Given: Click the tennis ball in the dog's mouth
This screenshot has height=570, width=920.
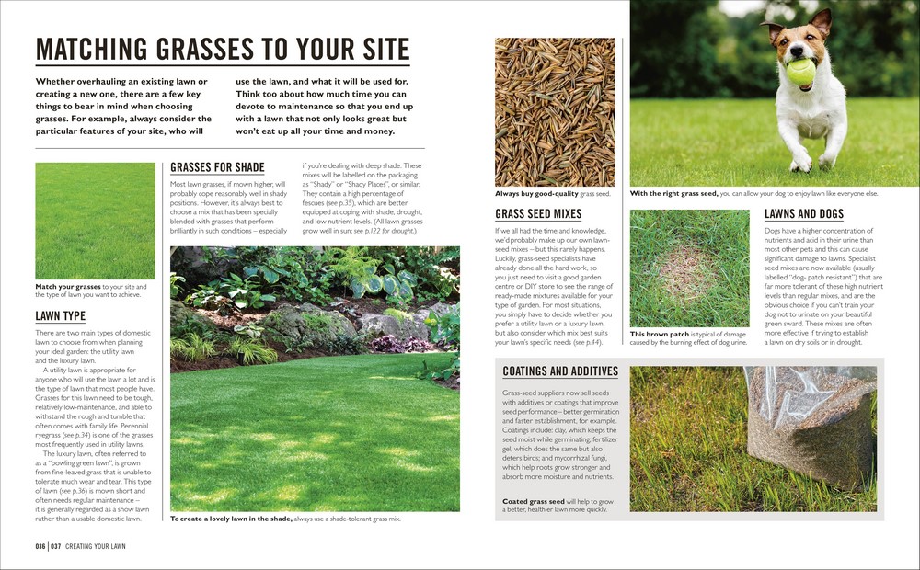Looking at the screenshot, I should click(800, 71).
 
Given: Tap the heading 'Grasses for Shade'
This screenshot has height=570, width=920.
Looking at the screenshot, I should click(217, 167).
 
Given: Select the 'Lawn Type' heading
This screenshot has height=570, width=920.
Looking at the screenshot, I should click(60, 316).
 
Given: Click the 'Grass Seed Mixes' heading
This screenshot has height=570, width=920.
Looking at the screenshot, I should click(538, 214).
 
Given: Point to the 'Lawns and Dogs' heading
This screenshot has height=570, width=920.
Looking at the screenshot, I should click(803, 214).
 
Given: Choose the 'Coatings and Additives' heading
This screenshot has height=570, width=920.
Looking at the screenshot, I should click(560, 370).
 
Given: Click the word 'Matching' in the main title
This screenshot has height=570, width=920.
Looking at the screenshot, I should click(98, 49).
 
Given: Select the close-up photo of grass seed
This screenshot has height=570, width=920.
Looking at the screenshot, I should click(554, 112).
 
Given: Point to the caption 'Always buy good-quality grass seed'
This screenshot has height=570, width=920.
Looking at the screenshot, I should click(552, 194).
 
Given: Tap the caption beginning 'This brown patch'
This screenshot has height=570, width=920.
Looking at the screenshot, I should click(687, 338).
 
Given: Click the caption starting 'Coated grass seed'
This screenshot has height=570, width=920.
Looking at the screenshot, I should click(555, 505).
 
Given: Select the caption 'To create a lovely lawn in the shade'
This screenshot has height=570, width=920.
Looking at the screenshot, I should click(285, 519).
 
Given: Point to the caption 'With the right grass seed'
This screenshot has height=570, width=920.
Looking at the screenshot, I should click(753, 194).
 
